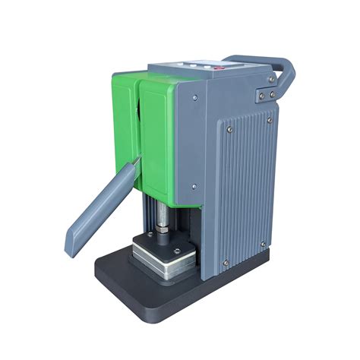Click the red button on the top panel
220,68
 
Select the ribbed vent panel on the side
243,190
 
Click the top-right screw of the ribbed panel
270,119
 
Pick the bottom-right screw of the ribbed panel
264,245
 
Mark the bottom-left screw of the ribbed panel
225,264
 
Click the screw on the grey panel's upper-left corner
196,97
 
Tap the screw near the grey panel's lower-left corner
194,185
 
